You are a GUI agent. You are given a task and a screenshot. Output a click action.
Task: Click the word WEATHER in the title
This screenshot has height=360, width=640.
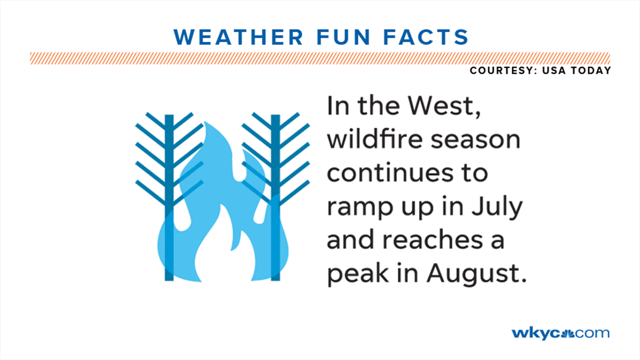pyautogui.click(x=238, y=37)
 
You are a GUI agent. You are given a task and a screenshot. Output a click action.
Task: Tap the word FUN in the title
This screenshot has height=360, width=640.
pyautogui.click(x=343, y=37)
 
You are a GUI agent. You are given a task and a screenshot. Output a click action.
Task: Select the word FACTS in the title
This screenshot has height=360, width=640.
pyautogui.click(x=426, y=37)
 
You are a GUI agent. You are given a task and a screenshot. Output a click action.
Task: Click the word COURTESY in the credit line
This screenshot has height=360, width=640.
pyautogui.click(x=501, y=71)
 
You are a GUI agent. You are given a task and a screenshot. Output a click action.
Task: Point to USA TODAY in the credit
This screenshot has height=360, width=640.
pyautogui.click(x=576, y=71)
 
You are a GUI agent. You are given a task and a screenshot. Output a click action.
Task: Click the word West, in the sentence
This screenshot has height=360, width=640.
pyautogui.click(x=445, y=106)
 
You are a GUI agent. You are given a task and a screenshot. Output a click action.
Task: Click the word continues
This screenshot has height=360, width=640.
pyautogui.click(x=390, y=173)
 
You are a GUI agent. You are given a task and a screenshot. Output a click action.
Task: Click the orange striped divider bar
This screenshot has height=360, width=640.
pyautogui.click(x=320, y=58)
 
